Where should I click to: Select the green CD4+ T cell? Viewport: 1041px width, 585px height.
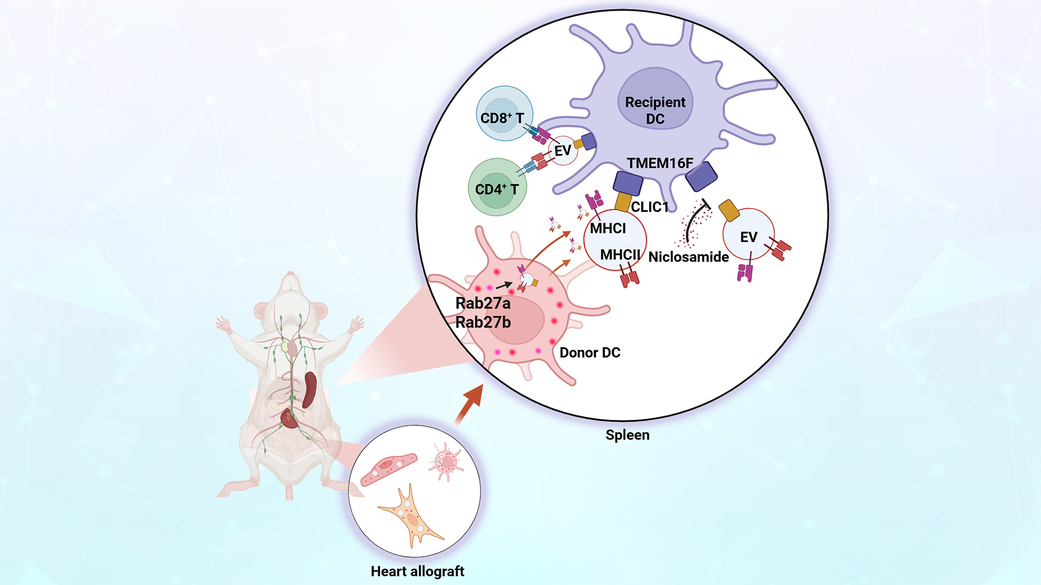(x=497, y=187)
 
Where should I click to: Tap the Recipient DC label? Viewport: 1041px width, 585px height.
(x=655, y=110)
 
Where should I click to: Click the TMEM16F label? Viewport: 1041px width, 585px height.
(x=659, y=163)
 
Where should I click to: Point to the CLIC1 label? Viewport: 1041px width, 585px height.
(x=650, y=207)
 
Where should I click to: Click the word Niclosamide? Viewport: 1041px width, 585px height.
(x=688, y=257)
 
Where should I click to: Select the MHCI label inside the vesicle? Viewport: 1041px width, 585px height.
(x=608, y=229)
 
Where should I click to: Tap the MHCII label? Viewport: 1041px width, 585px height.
(x=620, y=255)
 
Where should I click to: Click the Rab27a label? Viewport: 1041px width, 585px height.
(x=483, y=303)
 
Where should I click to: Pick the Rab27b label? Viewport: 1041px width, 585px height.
(x=483, y=322)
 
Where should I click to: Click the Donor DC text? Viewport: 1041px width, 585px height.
(x=589, y=353)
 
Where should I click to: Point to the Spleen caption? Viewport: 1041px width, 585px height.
(x=627, y=435)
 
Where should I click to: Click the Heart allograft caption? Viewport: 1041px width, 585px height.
(x=417, y=571)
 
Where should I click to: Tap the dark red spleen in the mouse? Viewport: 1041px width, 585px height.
(x=310, y=389)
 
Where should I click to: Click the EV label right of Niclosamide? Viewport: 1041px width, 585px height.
(x=748, y=237)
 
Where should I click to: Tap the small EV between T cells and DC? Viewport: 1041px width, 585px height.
(x=563, y=151)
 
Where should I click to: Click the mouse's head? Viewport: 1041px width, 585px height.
(x=291, y=295)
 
